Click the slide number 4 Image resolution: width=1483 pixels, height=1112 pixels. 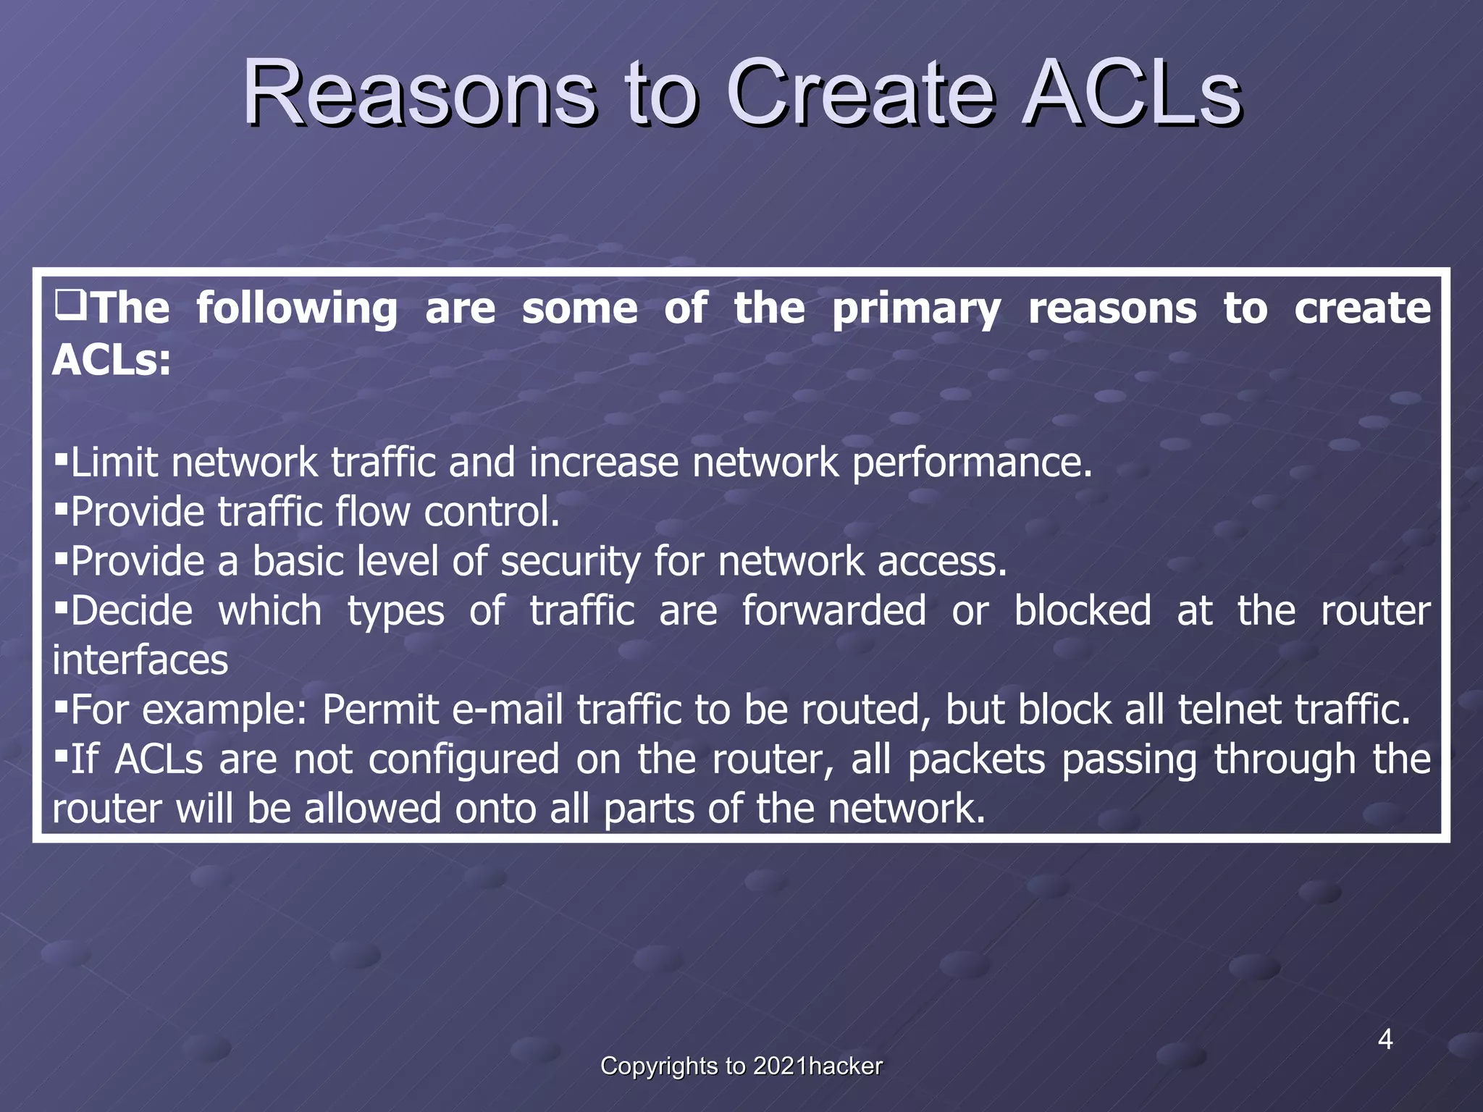coord(1385,1040)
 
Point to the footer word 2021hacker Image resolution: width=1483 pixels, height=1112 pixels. coord(818,1066)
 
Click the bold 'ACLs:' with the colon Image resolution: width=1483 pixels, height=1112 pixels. coord(112,359)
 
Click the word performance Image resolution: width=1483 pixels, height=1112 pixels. coord(971,463)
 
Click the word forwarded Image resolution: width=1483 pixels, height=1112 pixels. coord(833,610)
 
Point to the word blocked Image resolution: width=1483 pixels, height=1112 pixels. coord(1082,610)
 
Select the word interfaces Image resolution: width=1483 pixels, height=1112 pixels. coord(140,660)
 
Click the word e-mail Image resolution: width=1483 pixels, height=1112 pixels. coord(507,709)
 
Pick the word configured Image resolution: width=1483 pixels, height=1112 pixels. coord(463,759)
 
